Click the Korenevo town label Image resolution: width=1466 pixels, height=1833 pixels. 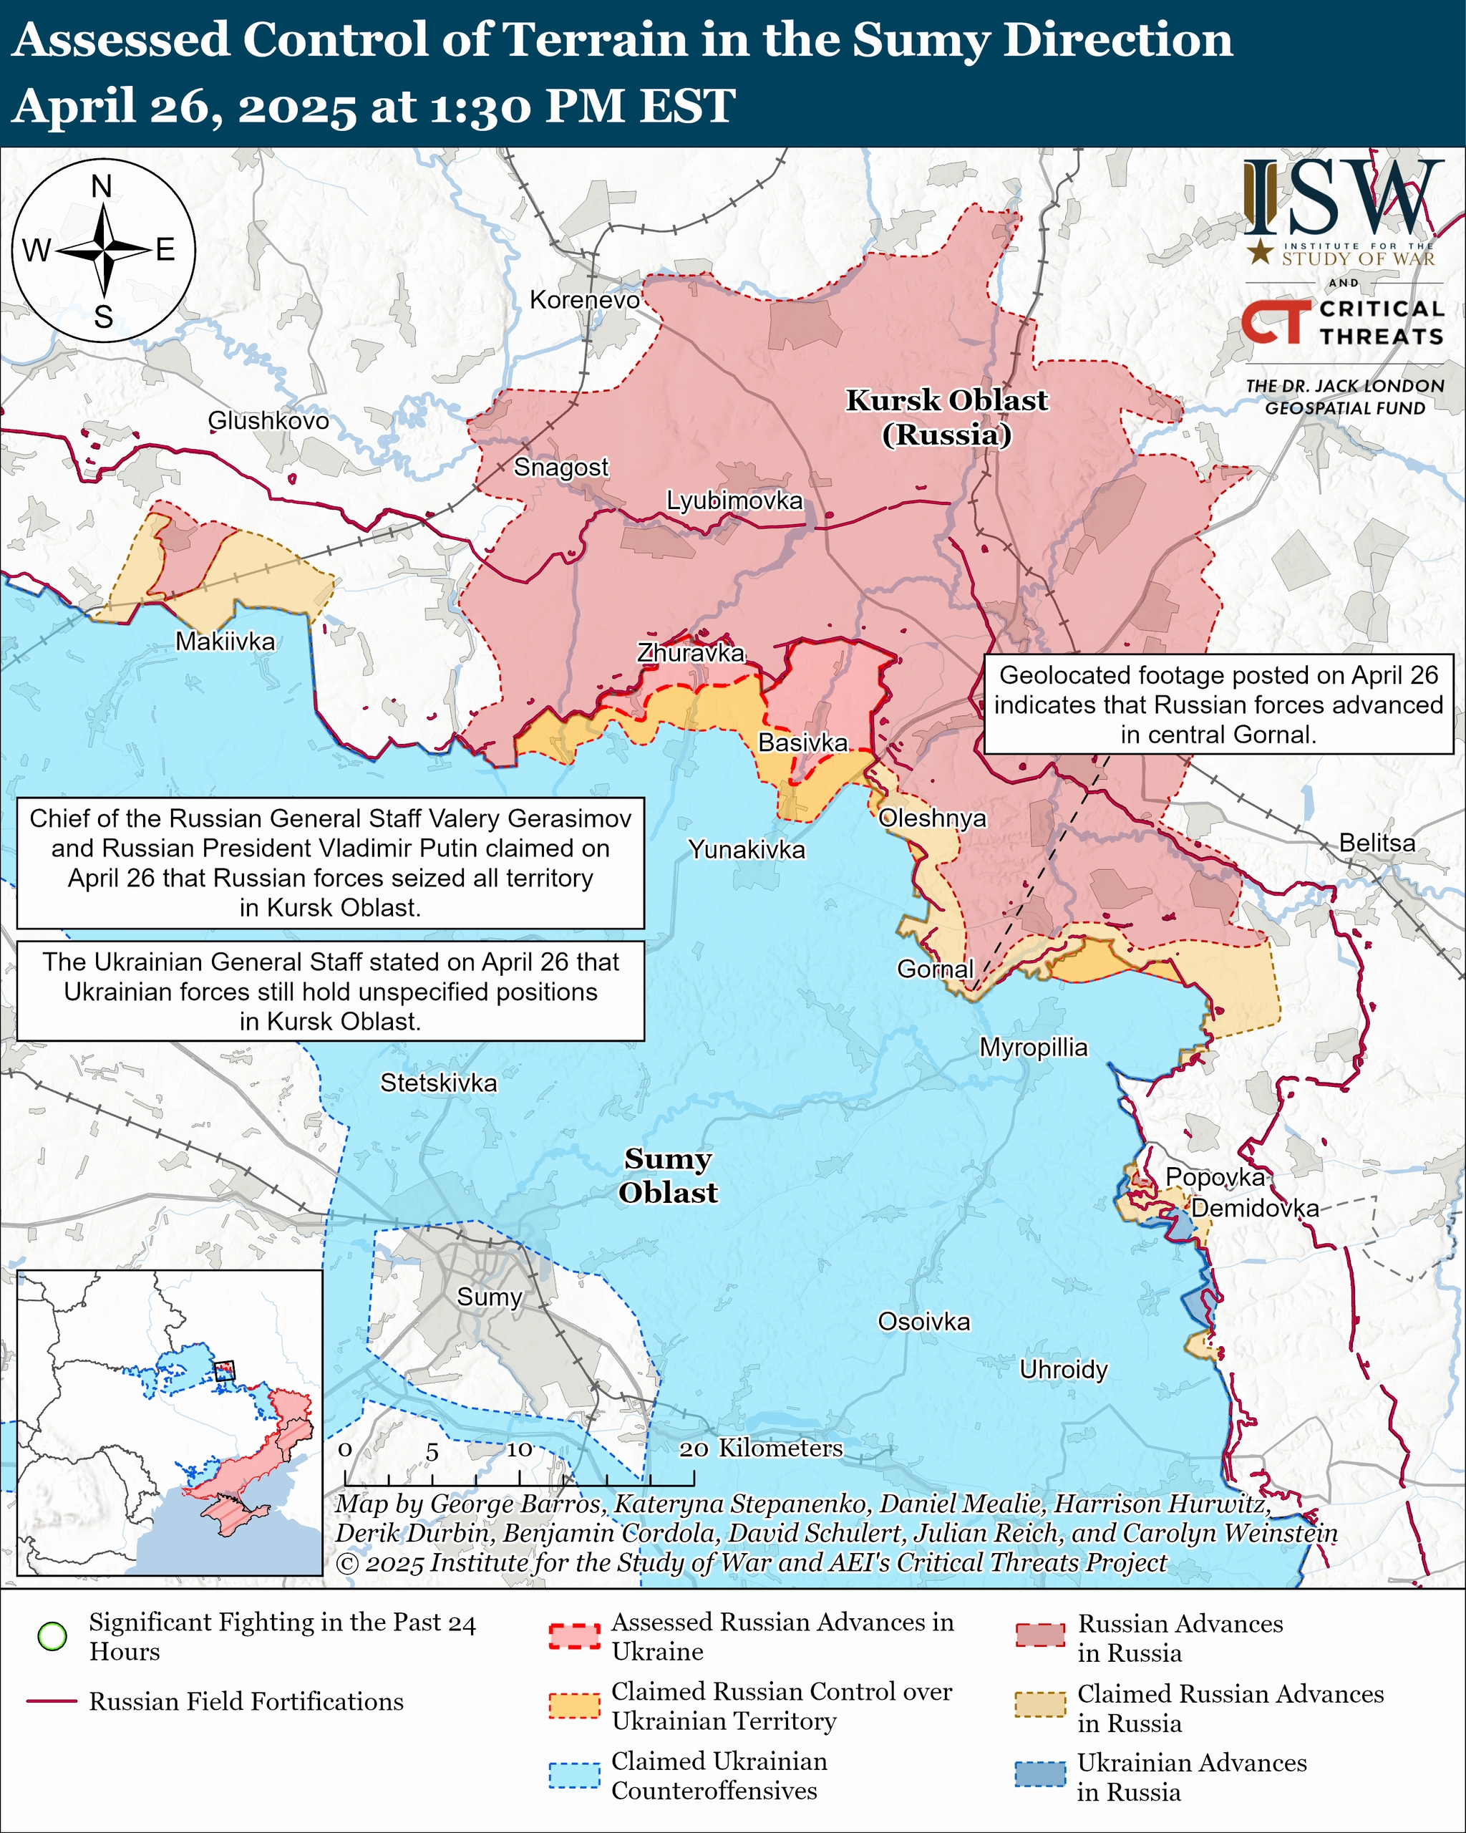(x=584, y=300)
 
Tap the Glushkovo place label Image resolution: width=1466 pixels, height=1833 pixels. (x=268, y=421)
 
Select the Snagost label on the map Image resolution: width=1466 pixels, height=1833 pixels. (x=561, y=468)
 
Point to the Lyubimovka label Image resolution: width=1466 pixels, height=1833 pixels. (x=734, y=500)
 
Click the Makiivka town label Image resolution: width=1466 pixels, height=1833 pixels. (x=225, y=642)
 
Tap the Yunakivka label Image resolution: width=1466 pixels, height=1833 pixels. (x=746, y=849)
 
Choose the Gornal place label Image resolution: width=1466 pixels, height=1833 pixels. (x=935, y=969)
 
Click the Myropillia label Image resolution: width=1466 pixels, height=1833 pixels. (x=1034, y=1048)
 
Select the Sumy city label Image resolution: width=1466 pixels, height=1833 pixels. (x=489, y=1297)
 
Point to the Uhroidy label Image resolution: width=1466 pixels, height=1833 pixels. (x=1063, y=1370)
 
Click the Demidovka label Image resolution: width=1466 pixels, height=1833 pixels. (x=1254, y=1208)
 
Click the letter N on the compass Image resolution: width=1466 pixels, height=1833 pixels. (x=102, y=187)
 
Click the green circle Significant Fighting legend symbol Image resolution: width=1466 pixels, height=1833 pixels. (x=53, y=1637)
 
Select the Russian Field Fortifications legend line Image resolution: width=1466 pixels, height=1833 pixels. (x=53, y=1702)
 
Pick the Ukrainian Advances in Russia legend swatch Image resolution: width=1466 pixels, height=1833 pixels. (x=1039, y=1774)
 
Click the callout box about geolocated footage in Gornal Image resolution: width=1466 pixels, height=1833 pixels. (x=1218, y=705)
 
